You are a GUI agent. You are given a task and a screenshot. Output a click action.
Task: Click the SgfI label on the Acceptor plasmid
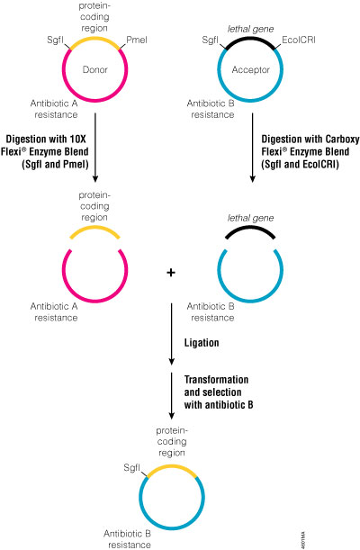click(x=210, y=40)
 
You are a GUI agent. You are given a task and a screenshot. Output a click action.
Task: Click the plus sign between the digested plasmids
click(x=172, y=273)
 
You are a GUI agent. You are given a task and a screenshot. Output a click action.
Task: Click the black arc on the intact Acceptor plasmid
click(x=252, y=39)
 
